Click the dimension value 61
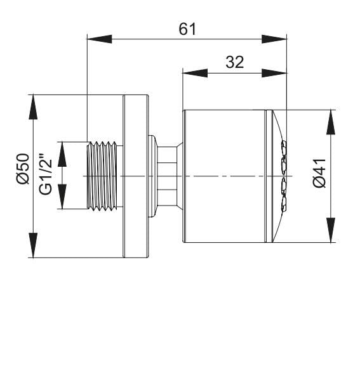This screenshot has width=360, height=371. (187, 29)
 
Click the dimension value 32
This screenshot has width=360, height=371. (234, 62)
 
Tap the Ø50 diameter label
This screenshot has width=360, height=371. (23, 169)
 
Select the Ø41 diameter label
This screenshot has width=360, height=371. (319, 173)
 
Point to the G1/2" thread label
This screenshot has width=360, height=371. (46, 174)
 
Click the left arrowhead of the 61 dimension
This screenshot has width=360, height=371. (100, 39)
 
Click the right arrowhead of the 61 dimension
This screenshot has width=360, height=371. (274, 39)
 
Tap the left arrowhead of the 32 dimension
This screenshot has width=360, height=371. (195, 73)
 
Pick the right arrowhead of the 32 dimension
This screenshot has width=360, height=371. (274, 73)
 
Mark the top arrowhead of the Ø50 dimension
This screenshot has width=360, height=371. (33, 107)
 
